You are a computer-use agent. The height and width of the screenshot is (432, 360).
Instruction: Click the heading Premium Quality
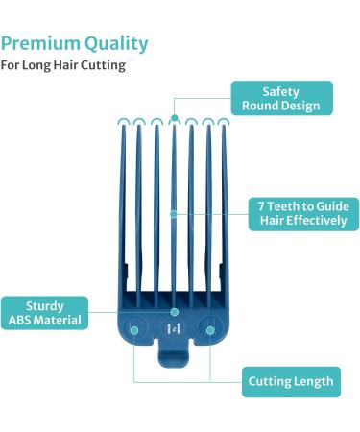[x=75, y=43]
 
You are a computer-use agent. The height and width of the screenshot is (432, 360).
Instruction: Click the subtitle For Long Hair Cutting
[x=62, y=66]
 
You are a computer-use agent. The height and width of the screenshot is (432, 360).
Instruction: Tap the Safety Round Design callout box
[x=281, y=98]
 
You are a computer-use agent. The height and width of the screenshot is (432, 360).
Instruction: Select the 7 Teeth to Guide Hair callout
[x=302, y=213]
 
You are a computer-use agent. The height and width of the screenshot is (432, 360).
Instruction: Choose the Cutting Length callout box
[x=290, y=381]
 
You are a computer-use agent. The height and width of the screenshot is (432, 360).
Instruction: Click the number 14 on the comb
[x=173, y=329]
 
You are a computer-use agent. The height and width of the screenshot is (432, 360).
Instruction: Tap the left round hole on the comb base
[x=135, y=329]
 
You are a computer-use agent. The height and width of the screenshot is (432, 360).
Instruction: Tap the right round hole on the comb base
[x=208, y=329]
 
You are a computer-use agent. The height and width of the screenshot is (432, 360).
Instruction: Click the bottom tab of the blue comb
[x=173, y=366]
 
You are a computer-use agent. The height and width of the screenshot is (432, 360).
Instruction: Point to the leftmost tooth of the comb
[x=121, y=211]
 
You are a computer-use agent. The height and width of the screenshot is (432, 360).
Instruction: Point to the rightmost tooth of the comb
[x=225, y=211]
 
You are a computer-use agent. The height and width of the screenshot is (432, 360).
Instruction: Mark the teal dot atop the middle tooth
[x=173, y=119]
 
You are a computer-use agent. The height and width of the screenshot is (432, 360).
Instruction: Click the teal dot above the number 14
[x=173, y=312]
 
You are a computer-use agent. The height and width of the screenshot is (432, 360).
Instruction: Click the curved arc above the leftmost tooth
[x=122, y=122]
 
